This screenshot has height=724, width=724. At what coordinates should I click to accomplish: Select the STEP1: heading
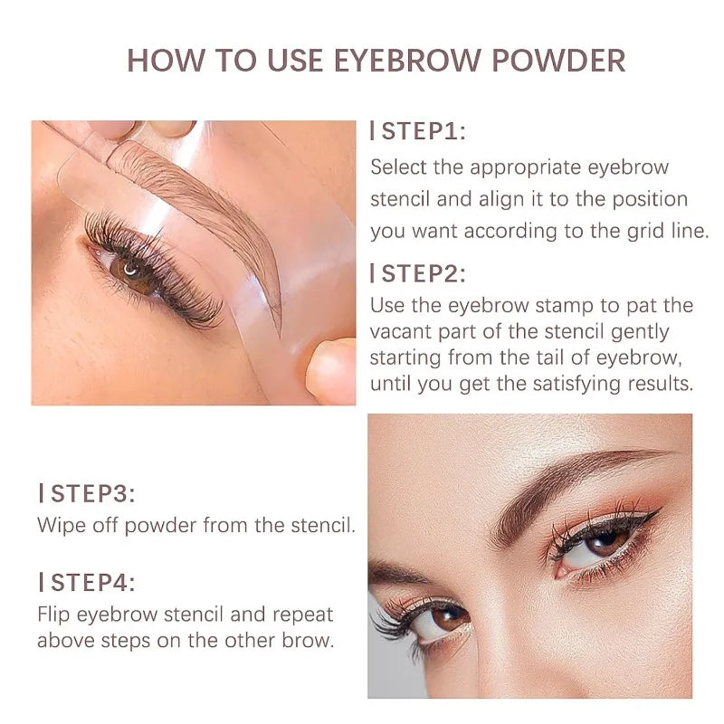click(423, 131)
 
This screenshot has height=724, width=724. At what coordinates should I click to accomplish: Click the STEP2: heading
click(423, 273)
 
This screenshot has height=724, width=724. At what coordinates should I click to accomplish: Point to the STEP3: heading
click(90, 493)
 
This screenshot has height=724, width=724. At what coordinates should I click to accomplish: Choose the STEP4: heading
click(90, 582)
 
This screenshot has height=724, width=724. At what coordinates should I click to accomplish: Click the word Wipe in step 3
click(59, 525)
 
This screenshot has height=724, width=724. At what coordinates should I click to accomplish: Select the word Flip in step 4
click(53, 614)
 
